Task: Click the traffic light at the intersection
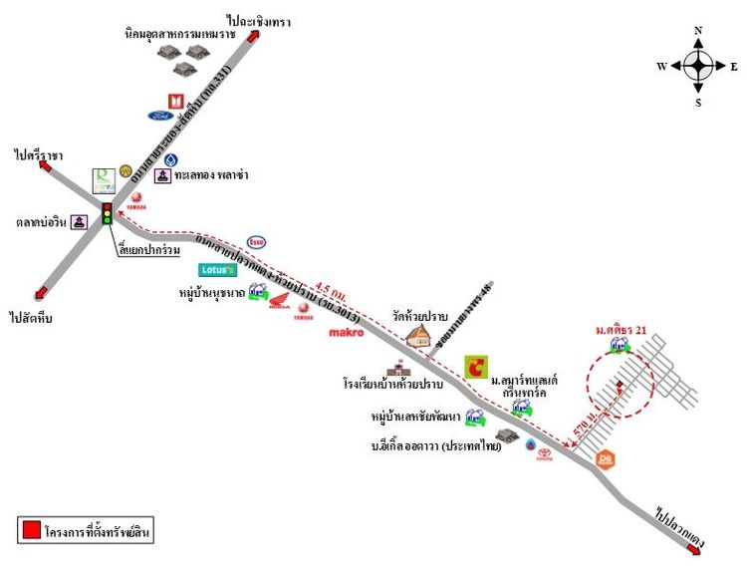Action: pyautogui.click(x=108, y=212)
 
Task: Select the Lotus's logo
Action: pyautogui.click(x=217, y=269)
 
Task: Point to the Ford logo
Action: pyautogui.click(x=161, y=116)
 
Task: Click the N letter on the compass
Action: pyautogui.click(x=698, y=31)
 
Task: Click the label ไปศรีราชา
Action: pyautogui.click(x=39, y=154)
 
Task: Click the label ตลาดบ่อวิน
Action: pyautogui.click(x=42, y=222)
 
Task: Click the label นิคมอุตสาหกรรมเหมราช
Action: pyautogui.click(x=197, y=34)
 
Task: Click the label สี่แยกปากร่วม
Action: pyautogui.click(x=150, y=249)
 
